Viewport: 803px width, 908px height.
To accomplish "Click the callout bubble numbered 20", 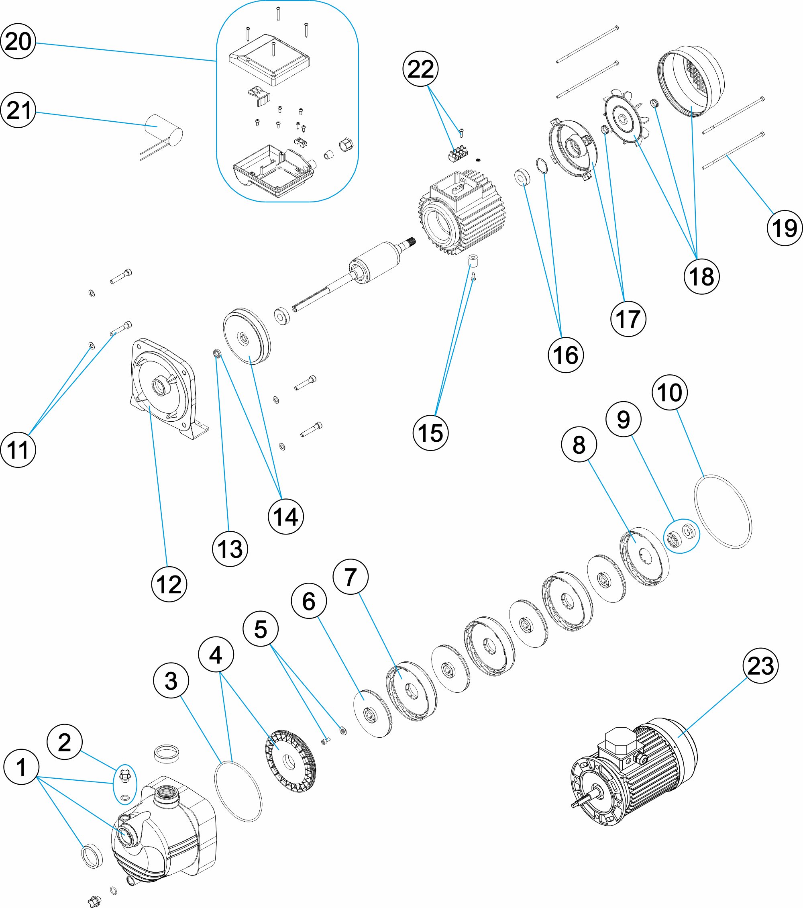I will (18, 41).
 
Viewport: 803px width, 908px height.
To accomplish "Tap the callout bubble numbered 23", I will (760, 665).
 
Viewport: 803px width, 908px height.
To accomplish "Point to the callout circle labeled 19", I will (785, 229).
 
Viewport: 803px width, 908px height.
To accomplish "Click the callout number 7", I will (351, 577).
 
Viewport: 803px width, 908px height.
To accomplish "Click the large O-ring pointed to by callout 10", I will (723, 511).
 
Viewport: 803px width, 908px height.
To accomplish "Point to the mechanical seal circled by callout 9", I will (681, 536).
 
